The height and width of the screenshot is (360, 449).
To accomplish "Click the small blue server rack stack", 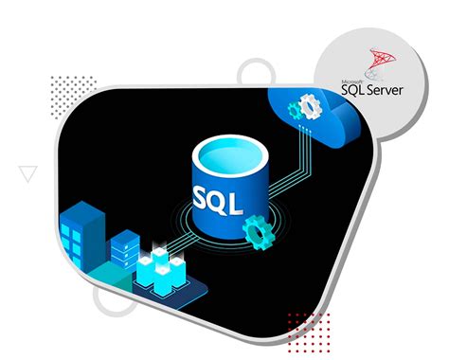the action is tap(123, 248).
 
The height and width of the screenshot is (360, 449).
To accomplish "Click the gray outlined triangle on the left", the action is tap(28, 172).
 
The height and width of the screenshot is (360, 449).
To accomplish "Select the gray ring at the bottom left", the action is tap(112, 300).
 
